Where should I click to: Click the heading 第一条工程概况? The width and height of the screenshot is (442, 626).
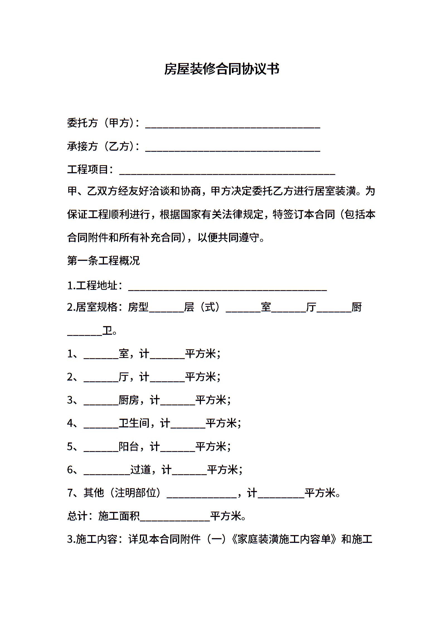coord(103,261)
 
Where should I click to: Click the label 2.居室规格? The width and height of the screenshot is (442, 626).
coord(92,307)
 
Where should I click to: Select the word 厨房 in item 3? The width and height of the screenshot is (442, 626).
coord(129,400)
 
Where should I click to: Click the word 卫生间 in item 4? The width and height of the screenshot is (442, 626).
coord(134,423)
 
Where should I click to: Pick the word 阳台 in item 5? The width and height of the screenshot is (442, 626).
coord(129,446)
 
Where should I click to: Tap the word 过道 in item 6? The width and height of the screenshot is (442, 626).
coord(140,470)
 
